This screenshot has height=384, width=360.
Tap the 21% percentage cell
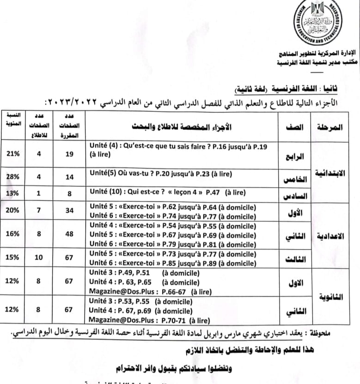pos(13,154)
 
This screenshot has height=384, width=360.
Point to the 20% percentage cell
pos(13,210)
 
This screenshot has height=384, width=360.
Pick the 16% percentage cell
pos(13,234)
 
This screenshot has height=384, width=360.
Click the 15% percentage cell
pos(13,257)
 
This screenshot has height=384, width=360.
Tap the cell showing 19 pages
pos(70,154)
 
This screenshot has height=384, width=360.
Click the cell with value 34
pos(70,210)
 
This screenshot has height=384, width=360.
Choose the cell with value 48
pos(70,234)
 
